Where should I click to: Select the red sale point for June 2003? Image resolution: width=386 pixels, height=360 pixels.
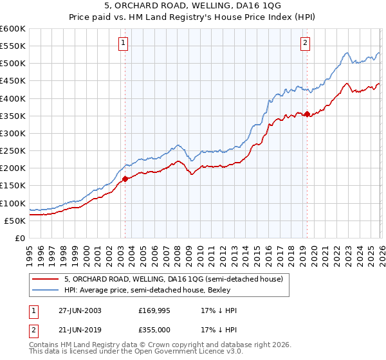click(125, 179)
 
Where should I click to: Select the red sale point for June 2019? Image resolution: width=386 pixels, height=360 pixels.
click(307, 114)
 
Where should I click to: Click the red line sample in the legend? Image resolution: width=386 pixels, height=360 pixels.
click(46, 279)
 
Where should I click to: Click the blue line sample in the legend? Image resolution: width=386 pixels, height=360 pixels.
click(46, 291)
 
